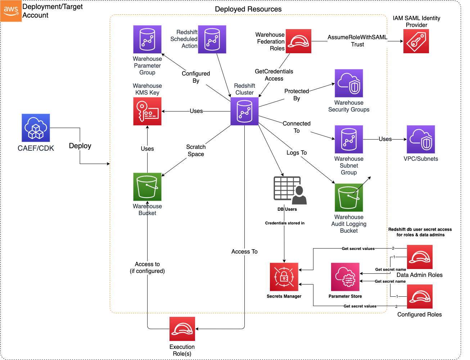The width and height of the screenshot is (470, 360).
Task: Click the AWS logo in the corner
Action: point(11,11)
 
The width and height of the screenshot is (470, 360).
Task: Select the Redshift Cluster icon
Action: point(244,111)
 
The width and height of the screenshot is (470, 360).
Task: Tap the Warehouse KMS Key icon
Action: point(147,111)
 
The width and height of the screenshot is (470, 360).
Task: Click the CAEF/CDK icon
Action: point(36,128)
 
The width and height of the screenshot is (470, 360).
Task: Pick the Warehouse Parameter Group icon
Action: point(147,39)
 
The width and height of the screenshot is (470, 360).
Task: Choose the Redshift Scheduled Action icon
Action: point(212,39)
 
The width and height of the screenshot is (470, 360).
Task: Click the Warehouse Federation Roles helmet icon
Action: point(298,41)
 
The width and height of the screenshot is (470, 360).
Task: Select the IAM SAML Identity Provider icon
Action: point(416,41)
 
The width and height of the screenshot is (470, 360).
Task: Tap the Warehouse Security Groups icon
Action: point(349,83)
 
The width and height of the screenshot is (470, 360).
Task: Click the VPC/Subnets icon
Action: point(421,139)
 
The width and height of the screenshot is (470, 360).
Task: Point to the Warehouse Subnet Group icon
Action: point(349,139)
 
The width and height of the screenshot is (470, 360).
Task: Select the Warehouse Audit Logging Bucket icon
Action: point(349,197)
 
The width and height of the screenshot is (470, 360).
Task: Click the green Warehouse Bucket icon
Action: point(147,187)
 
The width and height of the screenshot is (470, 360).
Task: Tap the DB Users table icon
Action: point(290,190)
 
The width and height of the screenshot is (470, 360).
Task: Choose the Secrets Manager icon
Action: point(284,277)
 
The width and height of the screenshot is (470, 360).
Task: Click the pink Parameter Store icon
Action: point(345,277)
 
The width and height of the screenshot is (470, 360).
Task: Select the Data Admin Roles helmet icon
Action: point(420,257)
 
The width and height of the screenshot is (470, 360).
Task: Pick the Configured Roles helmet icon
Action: point(420,297)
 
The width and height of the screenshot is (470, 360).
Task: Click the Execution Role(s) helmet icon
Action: point(182,329)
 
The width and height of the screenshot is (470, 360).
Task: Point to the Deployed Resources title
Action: point(248,9)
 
